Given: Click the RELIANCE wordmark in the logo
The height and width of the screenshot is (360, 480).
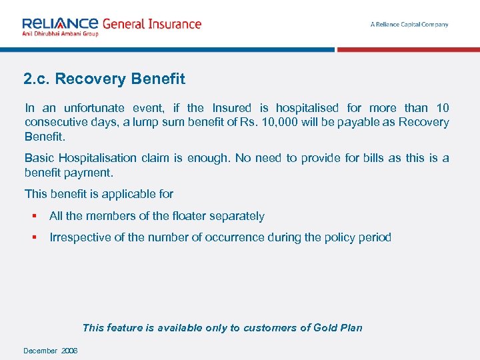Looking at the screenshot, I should pos(61,23).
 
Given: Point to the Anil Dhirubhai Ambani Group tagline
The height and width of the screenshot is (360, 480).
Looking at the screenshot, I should pos(61,33).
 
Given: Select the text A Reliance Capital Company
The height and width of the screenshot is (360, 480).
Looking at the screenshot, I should pos(409,25).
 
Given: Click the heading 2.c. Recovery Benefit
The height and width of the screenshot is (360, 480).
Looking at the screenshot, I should pos(104,79).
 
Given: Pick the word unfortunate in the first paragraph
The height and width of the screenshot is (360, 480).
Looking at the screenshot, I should pos(95,108).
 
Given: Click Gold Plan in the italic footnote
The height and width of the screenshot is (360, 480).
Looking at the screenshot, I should pos(339,327).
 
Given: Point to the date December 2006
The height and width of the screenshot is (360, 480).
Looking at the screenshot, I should pos(51,351).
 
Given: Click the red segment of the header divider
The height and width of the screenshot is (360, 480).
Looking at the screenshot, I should pos(408,49).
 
